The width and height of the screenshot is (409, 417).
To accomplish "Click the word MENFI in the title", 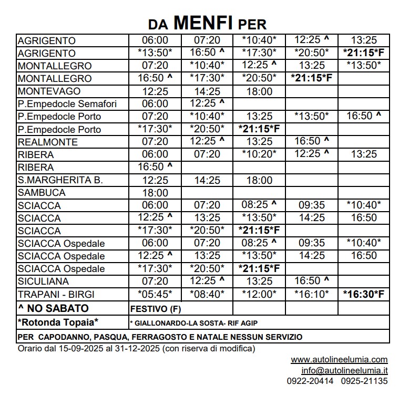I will [x=203, y=23].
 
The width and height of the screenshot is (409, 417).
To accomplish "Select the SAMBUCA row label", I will [x=42, y=193].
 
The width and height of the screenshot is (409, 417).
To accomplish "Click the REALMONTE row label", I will [x=47, y=142].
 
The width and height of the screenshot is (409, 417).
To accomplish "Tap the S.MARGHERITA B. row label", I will [x=60, y=180].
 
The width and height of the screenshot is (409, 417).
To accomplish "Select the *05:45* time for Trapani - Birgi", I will [x=155, y=295].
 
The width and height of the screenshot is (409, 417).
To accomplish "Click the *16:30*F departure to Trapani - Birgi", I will [x=364, y=295].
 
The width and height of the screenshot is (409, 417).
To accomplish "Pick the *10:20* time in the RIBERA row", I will [x=259, y=155].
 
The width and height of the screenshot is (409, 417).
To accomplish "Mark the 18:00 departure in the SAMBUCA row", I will [x=155, y=193].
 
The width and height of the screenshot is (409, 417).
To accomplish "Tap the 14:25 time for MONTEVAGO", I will [x=207, y=91].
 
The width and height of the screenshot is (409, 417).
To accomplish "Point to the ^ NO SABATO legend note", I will [x=53, y=308].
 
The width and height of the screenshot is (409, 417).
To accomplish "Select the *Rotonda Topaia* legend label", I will [x=58, y=322].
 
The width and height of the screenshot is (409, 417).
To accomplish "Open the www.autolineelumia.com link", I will [x=339, y=360].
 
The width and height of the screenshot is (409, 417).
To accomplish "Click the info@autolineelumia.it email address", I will [x=344, y=370].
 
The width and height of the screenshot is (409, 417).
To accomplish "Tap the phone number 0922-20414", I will [x=310, y=381].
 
